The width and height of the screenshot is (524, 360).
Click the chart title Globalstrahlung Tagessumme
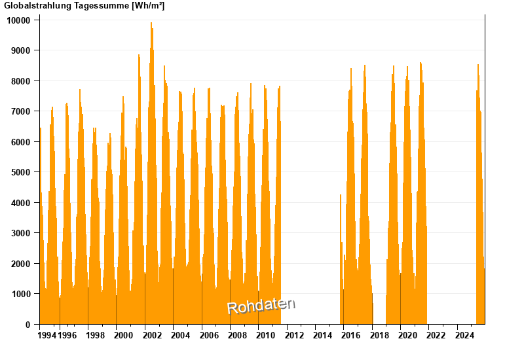tap(65, 6)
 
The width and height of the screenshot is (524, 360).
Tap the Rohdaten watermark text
tap(261, 306)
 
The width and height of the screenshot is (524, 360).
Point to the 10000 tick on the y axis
tap(18, 20)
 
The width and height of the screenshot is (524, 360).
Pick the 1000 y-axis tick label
tap(20, 294)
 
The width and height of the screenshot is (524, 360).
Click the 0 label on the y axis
tap(28, 325)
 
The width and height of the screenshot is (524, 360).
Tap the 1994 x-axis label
tap(47, 336)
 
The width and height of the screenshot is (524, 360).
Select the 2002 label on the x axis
tap(152, 336)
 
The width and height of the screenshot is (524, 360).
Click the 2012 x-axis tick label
tap(294, 336)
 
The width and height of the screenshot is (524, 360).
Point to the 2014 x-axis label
tap(322, 336)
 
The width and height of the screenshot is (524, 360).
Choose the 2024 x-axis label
tap(464, 336)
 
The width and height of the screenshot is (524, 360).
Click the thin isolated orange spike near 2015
tap(341, 196)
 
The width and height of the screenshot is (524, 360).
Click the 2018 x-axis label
tap(379, 336)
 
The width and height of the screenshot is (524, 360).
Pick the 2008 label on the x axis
tap(237, 336)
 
